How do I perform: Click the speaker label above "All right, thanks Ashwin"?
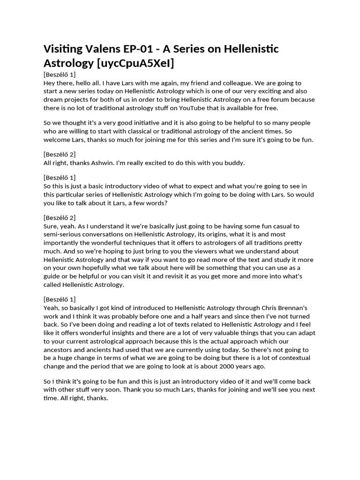click(60, 154)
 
